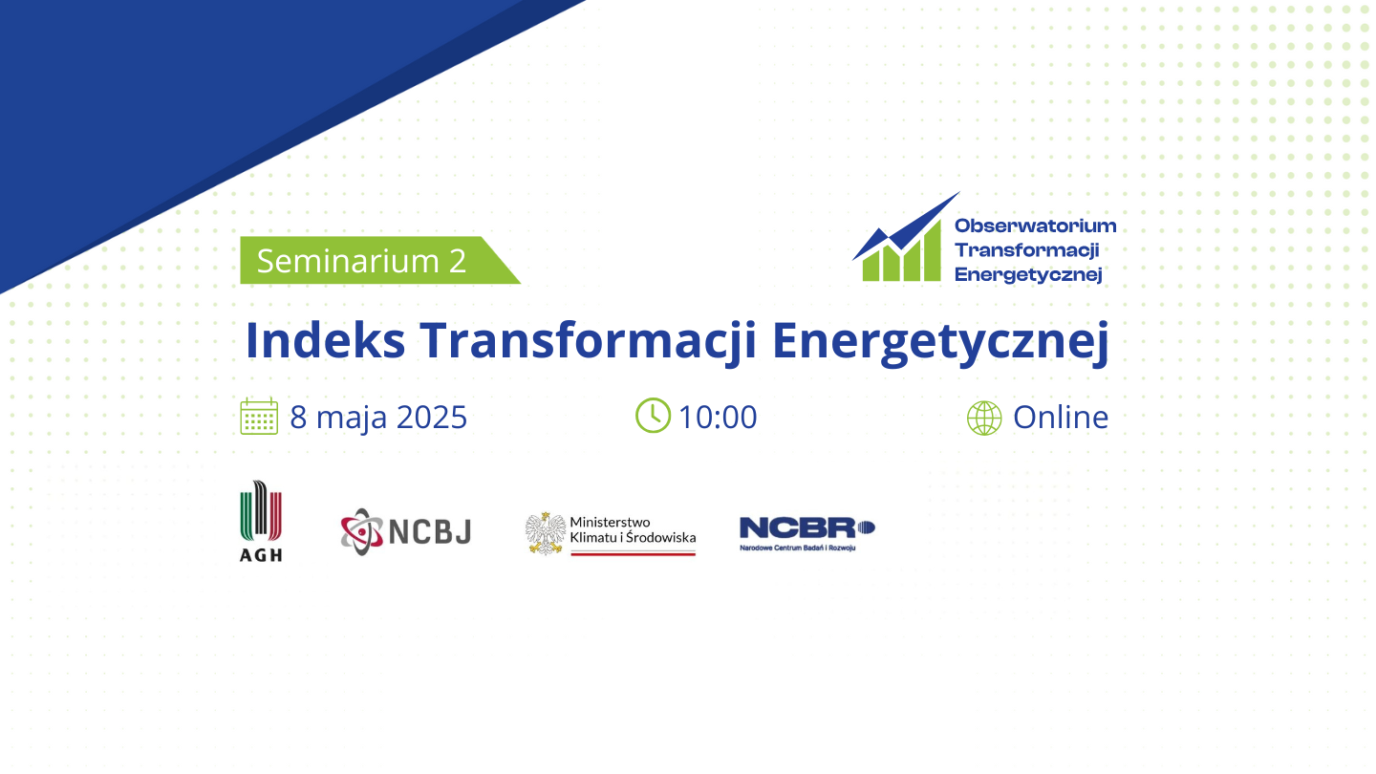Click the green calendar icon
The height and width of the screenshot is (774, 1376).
tap(259, 417)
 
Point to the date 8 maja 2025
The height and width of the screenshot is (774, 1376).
tap(378, 417)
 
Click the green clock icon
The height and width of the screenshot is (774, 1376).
tap(653, 416)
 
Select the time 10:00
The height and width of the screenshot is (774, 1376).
tap(719, 417)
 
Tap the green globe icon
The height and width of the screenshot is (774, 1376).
tap(984, 419)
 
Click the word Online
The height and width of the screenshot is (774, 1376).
tap(1061, 417)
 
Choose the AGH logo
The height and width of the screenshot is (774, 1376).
tap(261, 521)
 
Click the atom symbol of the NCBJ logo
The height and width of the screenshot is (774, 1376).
tap(362, 532)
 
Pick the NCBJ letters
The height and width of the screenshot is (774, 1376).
tap(431, 532)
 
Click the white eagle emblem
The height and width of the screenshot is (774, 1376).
tap(546, 533)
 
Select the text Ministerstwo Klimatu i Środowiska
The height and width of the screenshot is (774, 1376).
tap(633, 529)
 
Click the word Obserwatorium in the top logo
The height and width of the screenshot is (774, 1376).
tap(1036, 226)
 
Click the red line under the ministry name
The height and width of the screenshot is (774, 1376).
tap(634, 553)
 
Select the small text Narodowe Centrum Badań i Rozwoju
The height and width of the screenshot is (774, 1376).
tap(797, 548)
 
